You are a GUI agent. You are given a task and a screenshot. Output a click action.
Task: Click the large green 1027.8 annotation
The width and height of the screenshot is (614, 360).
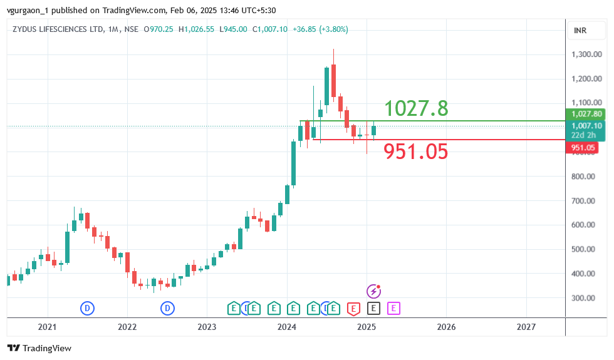tap(416, 108)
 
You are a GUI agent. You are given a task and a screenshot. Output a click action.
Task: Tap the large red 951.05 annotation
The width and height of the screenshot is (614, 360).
tap(416, 152)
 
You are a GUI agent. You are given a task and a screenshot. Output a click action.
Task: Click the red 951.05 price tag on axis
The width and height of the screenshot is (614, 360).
tap(582, 148)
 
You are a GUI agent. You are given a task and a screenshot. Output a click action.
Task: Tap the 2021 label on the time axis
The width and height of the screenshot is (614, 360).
tap(47, 327)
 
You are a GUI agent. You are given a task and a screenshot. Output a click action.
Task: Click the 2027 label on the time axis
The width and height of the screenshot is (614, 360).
tap(526, 327)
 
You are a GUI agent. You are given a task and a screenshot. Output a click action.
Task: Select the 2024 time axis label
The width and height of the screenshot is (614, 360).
tap(287, 327)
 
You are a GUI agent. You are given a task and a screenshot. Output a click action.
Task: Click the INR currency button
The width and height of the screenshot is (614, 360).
tap(580, 31)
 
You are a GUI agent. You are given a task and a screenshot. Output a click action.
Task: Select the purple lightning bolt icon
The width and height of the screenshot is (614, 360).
tap(373, 291)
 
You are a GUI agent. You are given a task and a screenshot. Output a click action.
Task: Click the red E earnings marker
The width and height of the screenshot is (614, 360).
tap(353, 308)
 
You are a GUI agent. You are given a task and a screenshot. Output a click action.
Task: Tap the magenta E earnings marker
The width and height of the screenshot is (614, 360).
tap(393, 308)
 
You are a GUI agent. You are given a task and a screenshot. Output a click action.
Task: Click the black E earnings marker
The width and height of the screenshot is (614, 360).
tap(373, 308)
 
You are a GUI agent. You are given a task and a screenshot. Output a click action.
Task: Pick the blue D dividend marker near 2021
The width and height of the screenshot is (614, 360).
tap(87, 308)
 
